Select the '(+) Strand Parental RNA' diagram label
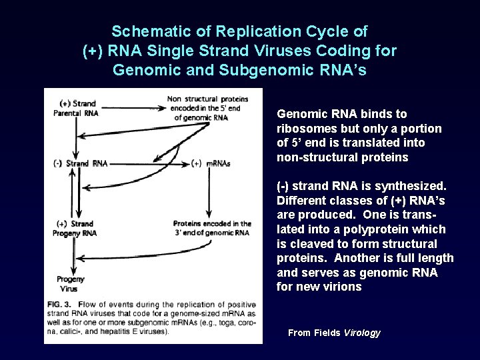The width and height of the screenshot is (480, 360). (77, 108)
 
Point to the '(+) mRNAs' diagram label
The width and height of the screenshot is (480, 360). (210, 163)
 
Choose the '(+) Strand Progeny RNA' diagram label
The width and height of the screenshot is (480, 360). (77, 228)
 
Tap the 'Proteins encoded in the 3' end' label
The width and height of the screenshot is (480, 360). (211, 228)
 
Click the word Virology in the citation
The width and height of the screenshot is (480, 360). (362, 333)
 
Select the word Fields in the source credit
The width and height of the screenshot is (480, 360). (327, 333)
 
